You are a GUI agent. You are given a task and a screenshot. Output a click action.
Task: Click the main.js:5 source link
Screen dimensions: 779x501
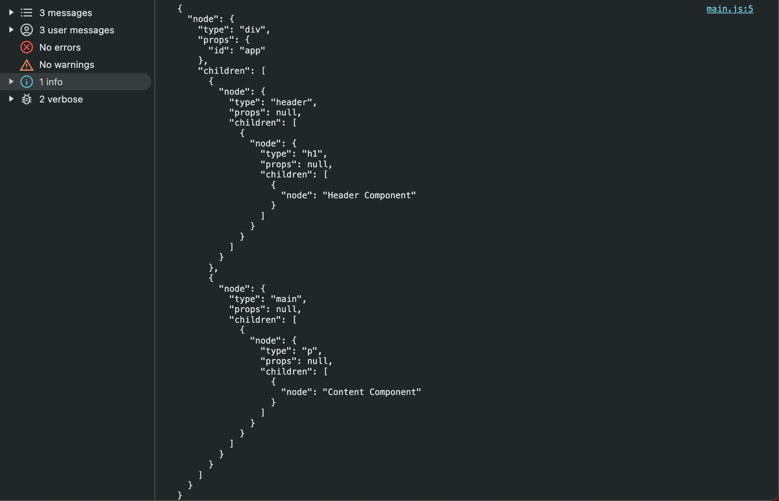point(730,9)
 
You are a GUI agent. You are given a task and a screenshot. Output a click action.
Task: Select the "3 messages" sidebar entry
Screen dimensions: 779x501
point(66,13)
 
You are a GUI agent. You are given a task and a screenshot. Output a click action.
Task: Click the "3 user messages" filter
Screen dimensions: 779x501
point(76,30)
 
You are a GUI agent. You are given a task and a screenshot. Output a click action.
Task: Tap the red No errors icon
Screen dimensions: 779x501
point(27,48)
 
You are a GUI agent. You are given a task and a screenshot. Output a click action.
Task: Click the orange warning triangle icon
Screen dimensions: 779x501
point(27,65)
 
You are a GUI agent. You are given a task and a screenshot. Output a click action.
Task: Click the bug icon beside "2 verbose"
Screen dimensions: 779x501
point(27,99)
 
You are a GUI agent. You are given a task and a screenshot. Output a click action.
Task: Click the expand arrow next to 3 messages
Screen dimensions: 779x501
point(11,13)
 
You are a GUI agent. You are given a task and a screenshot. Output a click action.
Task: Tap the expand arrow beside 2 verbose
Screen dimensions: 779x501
point(11,99)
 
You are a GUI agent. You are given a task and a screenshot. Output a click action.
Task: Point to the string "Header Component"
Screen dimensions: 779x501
point(369,195)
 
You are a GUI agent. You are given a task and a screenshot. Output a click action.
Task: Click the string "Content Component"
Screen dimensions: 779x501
point(372,392)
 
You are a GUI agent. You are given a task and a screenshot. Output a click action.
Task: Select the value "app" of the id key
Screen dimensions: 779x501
point(252,50)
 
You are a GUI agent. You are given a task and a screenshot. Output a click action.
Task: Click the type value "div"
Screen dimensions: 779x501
point(252,29)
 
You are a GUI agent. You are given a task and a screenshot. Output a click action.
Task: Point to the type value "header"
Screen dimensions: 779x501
point(291,102)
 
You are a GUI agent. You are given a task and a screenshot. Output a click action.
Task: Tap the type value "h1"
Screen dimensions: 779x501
point(312,154)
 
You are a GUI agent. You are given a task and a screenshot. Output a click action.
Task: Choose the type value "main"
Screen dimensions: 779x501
point(286,299)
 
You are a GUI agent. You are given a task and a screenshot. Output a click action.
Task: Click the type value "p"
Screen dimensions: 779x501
point(310,351)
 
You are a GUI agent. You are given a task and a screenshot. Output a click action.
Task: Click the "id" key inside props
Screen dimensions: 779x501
point(218,50)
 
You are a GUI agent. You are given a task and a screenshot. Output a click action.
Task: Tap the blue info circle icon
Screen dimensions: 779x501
point(27,82)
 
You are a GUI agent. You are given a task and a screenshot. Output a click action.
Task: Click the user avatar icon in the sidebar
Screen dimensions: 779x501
point(27,30)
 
